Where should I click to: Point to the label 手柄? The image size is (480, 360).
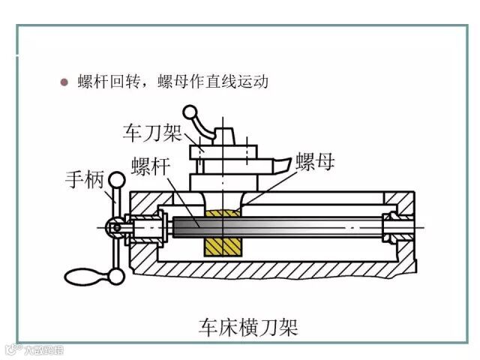(x=84, y=180)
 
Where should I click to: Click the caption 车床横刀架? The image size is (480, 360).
(x=248, y=327)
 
